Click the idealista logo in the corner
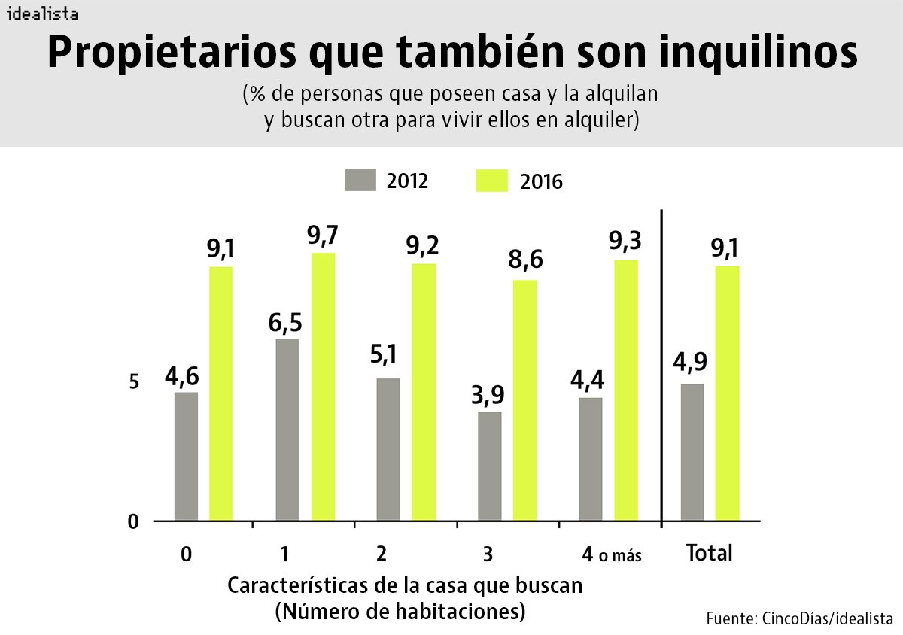click(41, 14)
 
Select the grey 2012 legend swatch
click(360, 181)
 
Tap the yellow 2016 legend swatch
click(492, 181)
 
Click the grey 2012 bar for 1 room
click(287, 430)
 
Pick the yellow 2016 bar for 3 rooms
click(524, 400)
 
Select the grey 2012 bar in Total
click(692, 451)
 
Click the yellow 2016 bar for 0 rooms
click(220, 393)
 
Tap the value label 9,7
click(323, 235)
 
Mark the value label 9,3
click(625, 242)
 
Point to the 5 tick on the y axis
click(134, 382)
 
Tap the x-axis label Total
click(709, 554)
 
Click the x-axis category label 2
click(382, 554)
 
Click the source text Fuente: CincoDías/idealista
click(799, 618)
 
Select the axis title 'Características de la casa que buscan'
click(405, 585)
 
